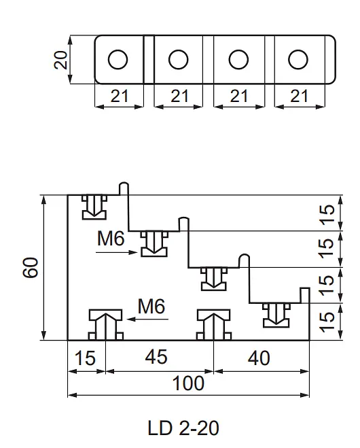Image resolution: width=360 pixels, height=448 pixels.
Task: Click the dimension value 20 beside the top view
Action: coord(60,60)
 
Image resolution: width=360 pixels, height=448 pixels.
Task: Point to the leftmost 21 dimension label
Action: coord(120,96)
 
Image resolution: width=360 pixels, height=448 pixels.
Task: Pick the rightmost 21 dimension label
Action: coord(300,96)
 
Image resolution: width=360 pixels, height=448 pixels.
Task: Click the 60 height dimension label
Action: coord(31,267)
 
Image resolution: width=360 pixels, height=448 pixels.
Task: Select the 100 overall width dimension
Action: coord(188,383)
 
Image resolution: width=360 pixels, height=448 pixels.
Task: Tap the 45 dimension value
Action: coord(156,357)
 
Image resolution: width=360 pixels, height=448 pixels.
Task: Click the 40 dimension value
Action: coord(259,358)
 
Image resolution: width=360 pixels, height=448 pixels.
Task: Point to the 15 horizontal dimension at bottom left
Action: coord(85,358)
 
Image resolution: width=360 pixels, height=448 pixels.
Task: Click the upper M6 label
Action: coord(111,239)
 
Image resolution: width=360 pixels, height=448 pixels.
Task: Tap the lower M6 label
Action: coord(151,307)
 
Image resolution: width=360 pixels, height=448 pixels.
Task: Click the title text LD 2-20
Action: coord(183,428)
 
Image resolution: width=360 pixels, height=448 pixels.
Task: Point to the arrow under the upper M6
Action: coord(117,252)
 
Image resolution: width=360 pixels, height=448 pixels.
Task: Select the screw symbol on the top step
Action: coord(94,207)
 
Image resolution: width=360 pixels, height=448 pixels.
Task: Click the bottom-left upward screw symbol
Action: coord(106,325)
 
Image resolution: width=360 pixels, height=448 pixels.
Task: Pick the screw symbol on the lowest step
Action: coord(276,315)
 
